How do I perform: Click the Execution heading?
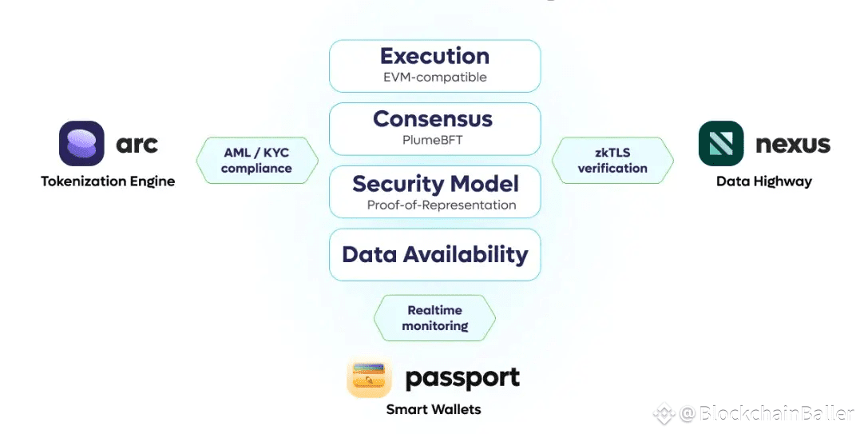[x=434, y=56]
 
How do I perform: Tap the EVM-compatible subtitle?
[x=434, y=78]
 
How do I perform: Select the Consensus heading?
[x=433, y=119]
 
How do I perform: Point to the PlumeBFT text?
[x=433, y=139]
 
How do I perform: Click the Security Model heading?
[x=435, y=183]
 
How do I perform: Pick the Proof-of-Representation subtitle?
[x=442, y=205]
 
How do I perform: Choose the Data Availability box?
[x=435, y=255]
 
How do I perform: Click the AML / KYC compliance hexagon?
[x=256, y=161]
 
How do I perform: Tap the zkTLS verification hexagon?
[x=612, y=161]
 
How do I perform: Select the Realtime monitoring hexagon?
[x=434, y=318]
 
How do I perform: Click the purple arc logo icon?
[x=81, y=144]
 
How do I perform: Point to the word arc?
[x=137, y=145]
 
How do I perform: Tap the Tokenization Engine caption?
[x=108, y=181]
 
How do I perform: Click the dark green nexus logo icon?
[x=721, y=144]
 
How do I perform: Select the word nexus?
[x=793, y=145]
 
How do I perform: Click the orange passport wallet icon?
[x=369, y=378]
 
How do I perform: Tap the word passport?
[x=462, y=378]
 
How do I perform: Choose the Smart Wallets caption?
[x=434, y=409]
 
